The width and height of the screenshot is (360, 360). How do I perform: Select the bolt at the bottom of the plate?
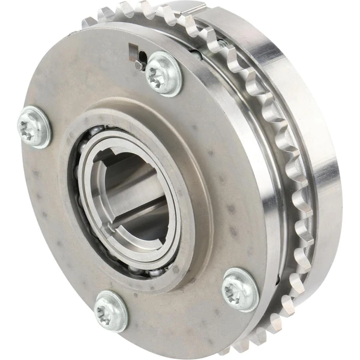point(111,310)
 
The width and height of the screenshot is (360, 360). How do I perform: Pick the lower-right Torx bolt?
point(240,289)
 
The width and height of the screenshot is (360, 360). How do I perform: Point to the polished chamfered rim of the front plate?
point(264,180)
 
